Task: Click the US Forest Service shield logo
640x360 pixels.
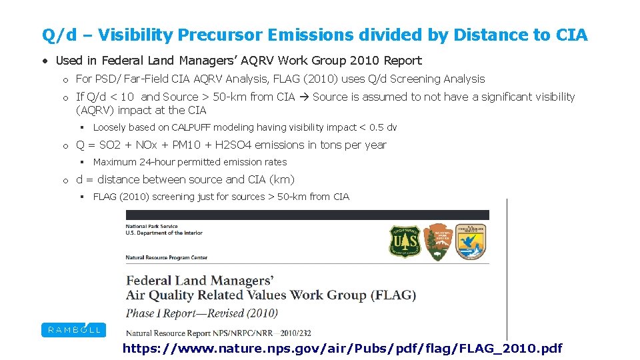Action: [404, 242]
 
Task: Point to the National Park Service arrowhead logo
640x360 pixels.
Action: [437, 241]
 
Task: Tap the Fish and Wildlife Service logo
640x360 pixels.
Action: [471, 241]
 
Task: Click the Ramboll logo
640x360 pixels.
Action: [73, 329]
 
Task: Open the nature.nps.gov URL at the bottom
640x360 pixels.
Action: [342, 348]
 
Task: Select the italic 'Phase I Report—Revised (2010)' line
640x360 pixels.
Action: [202, 313]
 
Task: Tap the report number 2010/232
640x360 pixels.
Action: [295, 333]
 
